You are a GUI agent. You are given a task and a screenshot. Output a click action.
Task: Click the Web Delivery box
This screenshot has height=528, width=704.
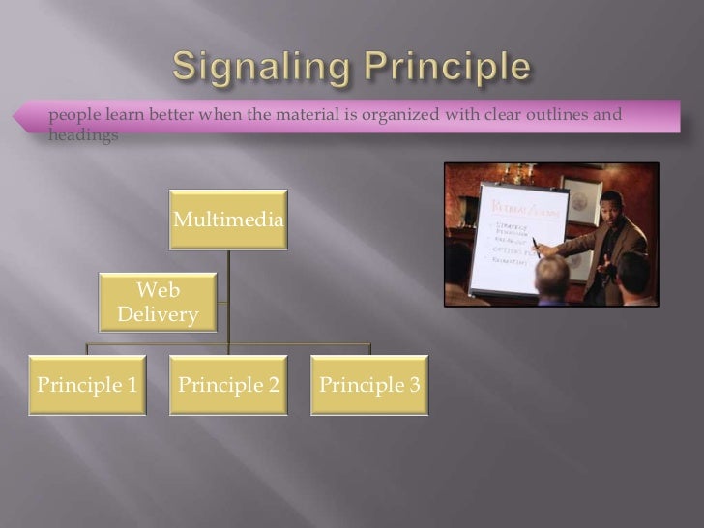158,302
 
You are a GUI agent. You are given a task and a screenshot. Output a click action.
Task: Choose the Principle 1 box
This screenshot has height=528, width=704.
87,385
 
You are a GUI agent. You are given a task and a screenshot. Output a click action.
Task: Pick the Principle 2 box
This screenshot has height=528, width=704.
228,385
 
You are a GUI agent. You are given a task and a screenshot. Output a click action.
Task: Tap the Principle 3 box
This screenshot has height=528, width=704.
369,385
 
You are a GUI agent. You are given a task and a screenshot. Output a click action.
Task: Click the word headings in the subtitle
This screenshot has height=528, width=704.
83,136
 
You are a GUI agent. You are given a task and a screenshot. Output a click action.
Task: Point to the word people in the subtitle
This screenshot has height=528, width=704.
74,117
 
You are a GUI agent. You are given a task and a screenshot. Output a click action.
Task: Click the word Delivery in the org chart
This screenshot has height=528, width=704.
158,314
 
